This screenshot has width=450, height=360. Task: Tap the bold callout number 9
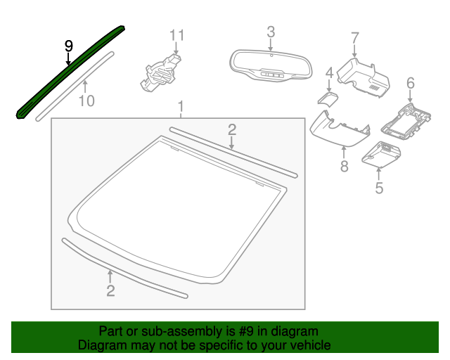tap(69, 46)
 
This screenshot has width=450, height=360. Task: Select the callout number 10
tap(86, 101)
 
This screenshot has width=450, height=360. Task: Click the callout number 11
tap(176, 35)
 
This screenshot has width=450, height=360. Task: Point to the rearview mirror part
tap(270, 65)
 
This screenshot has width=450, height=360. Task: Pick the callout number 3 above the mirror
tap(271, 32)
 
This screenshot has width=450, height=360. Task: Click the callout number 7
tap(355, 38)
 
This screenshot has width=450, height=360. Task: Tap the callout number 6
tap(411, 83)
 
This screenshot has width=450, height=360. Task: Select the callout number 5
tap(379, 188)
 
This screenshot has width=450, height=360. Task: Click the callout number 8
tap(344, 166)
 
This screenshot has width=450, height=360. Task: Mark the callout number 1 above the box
tap(181, 106)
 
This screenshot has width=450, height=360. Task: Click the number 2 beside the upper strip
tap(232, 130)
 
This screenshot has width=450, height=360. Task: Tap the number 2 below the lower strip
tap(110, 290)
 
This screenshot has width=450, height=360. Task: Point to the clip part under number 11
tap(161, 73)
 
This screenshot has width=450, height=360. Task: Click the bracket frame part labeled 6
tap(406, 122)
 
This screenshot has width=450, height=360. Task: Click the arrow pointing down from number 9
tap(68, 58)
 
